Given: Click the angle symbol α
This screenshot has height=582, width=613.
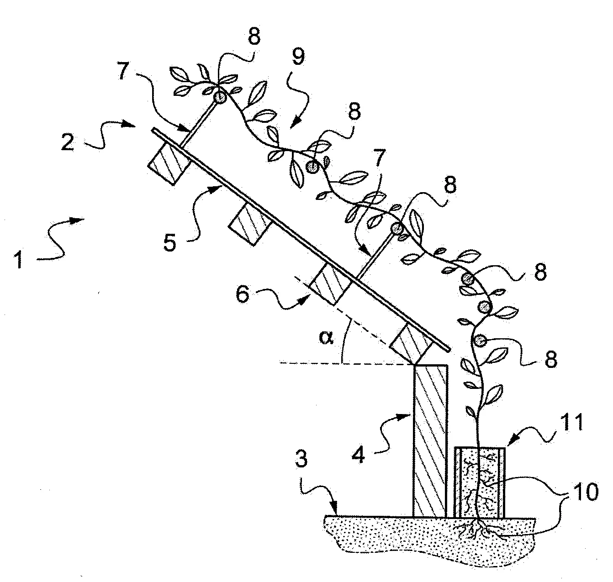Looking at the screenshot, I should click(x=326, y=339).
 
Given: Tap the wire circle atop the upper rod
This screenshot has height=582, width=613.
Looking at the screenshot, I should click(x=220, y=96).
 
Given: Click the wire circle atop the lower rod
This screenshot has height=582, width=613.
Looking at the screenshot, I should click(x=396, y=228).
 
